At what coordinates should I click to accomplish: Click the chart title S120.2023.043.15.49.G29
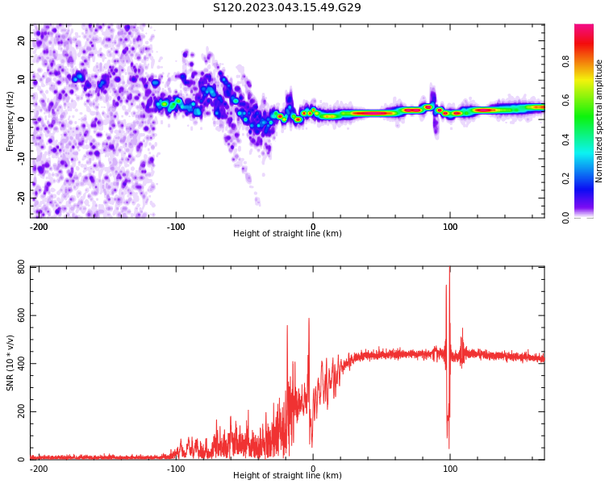286,8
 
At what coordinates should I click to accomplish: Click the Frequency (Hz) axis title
10,121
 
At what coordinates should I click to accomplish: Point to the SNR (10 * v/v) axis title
10,363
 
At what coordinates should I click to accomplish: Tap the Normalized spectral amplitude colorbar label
599,121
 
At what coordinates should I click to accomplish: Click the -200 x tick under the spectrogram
39,227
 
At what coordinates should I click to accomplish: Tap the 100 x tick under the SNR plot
450,469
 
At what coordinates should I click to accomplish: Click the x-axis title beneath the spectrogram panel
287,234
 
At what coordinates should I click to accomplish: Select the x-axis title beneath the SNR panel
287,476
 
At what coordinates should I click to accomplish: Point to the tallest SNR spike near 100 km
449,270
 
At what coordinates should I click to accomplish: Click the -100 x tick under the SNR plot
176,469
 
